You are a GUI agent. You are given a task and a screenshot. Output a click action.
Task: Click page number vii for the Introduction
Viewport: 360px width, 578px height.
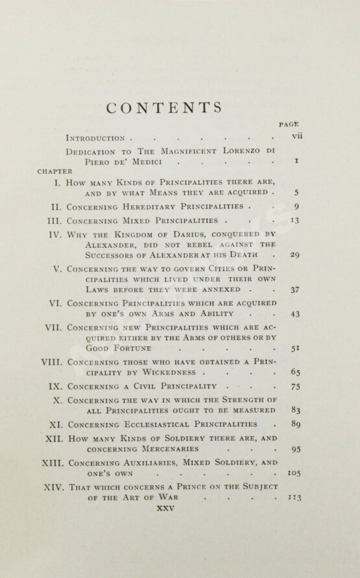pos(298,138)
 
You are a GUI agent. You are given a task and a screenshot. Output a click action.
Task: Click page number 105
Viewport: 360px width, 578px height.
pos(294,474)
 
